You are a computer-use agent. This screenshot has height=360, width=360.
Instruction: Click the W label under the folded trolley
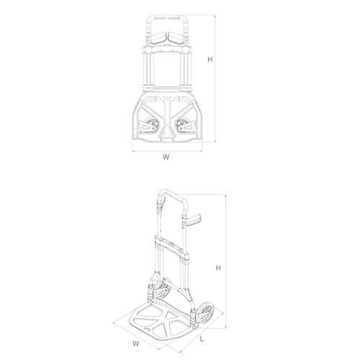tap(166, 156)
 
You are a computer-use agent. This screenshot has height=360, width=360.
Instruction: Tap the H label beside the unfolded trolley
tap(217, 268)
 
